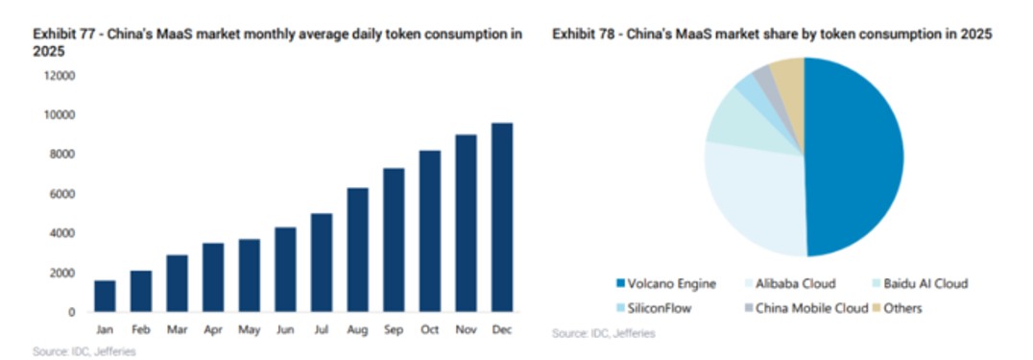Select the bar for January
point(105,296)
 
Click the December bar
point(502,217)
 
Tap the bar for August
point(358,250)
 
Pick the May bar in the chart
point(250,276)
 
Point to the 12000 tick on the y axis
point(60,76)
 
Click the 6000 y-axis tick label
point(62,194)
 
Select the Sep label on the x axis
point(394,329)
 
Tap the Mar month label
point(178,329)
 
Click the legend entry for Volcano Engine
point(666,284)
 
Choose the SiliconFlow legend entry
point(654,308)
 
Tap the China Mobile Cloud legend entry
point(805,308)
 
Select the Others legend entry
point(899,308)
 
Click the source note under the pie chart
point(604,334)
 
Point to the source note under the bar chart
point(84,352)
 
